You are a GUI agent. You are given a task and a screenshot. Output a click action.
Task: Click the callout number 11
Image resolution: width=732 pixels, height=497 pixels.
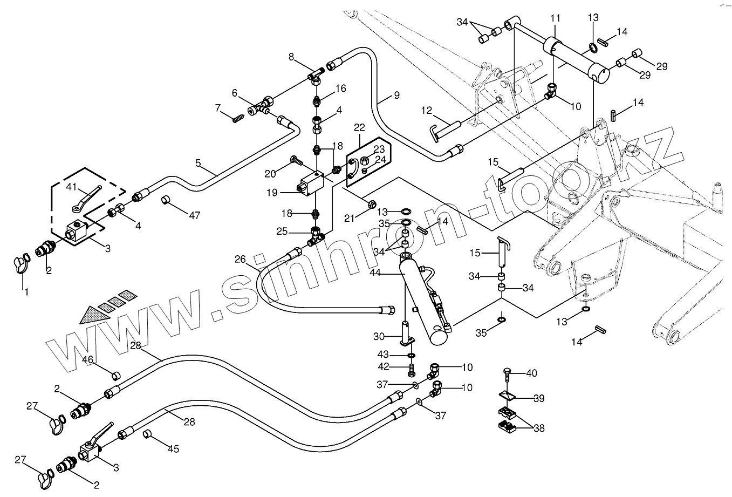tap(555, 19)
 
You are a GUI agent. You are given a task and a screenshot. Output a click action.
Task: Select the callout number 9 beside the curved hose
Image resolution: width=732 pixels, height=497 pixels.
tap(396, 96)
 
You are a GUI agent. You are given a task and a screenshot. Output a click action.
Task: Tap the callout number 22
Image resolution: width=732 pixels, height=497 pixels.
tap(359, 128)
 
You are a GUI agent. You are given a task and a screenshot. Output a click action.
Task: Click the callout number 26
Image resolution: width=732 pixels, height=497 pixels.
tap(240, 260)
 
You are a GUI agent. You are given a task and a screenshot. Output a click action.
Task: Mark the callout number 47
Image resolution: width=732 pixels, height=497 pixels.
tap(194, 215)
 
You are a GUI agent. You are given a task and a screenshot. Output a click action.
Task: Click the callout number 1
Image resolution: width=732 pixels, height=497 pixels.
tap(24, 292)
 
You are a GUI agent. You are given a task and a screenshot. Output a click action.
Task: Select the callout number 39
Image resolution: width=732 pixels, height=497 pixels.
tap(538, 399)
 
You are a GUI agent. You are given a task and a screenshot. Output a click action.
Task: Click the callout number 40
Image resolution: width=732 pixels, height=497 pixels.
tap(531, 373)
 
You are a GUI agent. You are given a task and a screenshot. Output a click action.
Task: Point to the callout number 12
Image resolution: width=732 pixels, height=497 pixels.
tap(427, 111)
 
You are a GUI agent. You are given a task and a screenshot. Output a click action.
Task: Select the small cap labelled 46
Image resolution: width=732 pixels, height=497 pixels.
tap(115, 375)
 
